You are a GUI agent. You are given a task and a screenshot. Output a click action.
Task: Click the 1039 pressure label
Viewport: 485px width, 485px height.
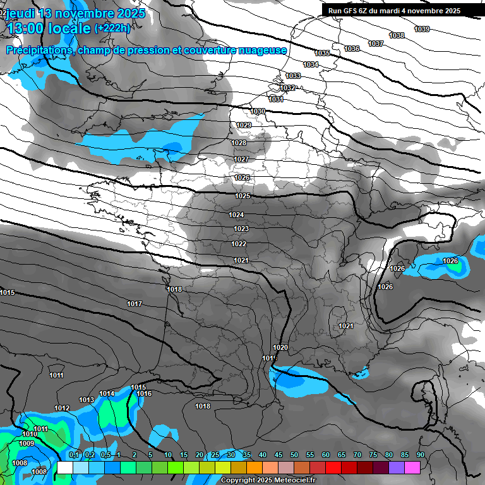tap(422, 29)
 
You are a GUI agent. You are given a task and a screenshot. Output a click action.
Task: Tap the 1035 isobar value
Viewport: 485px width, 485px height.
tap(322, 54)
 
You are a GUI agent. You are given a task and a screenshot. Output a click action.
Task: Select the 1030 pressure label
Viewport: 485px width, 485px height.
tap(258, 111)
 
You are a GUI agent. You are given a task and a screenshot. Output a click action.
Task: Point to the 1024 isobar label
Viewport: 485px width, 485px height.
tap(237, 215)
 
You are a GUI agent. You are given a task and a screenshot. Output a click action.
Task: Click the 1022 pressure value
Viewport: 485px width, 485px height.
tap(239, 244)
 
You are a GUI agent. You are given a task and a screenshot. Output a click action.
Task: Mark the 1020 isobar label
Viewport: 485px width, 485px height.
tap(280, 348)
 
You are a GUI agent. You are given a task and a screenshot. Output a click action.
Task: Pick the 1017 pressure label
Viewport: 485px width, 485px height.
tap(135, 304)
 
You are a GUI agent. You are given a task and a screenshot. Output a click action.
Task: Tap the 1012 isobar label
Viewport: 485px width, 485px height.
tap(62, 409)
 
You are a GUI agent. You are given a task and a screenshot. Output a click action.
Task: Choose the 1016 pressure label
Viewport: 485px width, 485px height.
tap(144, 394)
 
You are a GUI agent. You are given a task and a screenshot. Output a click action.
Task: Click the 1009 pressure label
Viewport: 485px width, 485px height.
tap(26, 444)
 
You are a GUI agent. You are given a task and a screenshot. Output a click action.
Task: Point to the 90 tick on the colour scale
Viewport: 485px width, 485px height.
tap(420, 455)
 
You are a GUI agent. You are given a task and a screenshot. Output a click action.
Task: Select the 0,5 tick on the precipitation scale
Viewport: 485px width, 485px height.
tap(105, 455)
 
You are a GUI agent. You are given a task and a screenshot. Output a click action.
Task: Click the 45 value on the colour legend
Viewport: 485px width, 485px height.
tap(278, 455)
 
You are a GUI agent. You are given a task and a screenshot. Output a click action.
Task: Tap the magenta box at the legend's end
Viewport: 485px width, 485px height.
tap(412, 467)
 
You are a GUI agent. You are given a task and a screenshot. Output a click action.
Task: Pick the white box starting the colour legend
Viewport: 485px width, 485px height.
tap(65, 467)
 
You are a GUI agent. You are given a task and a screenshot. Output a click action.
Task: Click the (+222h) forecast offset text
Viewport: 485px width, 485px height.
tap(112, 28)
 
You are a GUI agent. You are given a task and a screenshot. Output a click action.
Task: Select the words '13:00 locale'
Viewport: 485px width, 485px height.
tap(49, 28)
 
